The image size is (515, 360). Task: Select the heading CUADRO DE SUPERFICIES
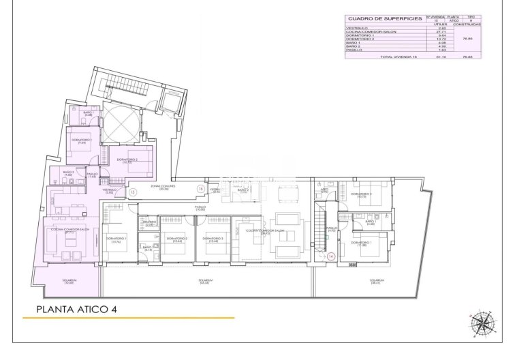385,18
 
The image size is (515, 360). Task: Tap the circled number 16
200,188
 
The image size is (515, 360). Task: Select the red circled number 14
330,257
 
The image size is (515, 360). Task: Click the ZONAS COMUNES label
164,187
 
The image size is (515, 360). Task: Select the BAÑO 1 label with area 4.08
88,113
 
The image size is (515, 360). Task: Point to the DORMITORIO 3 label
213,238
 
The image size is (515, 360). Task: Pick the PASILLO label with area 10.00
200,207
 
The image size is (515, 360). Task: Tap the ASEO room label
324,192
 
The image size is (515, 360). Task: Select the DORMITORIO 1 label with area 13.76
114,239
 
